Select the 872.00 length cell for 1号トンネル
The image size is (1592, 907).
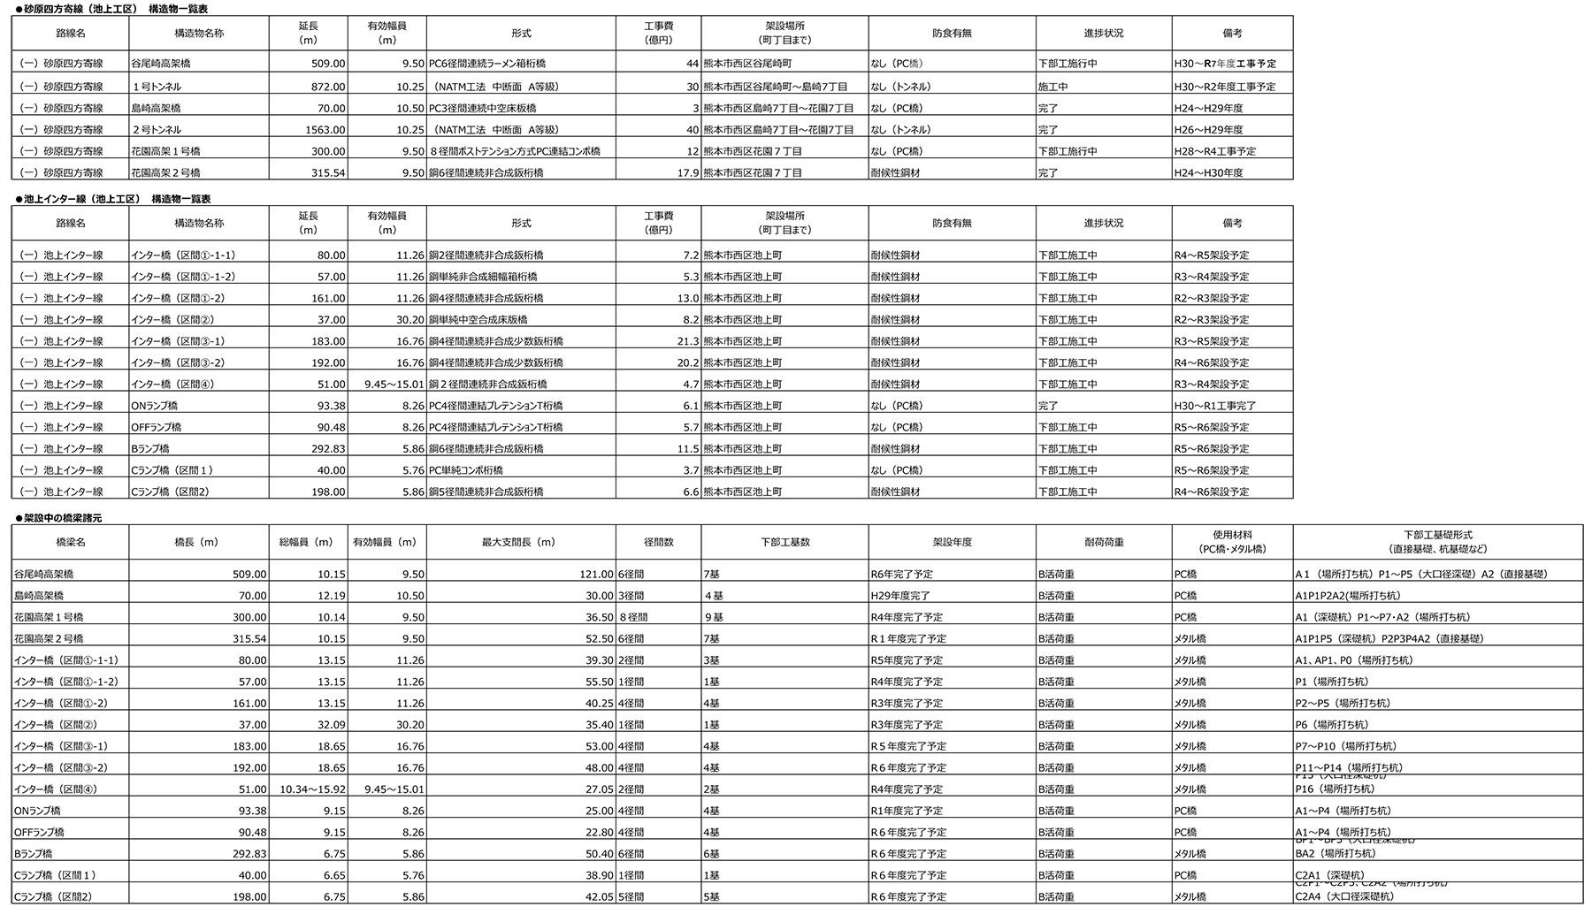pos(328,87)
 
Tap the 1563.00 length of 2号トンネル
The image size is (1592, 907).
pos(324,130)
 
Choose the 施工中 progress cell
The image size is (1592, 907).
pos(1052,87)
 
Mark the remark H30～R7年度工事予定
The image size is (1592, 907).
pos(1225,65)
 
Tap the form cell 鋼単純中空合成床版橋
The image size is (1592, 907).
pos(478,320)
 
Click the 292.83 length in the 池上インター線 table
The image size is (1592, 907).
pos(328,449)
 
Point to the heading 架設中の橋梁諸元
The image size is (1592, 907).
pos(64,518)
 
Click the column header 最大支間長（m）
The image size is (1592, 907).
pos(519,542)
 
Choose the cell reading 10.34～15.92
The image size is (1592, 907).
pos(312,789)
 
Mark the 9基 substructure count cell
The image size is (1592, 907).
pos(713,617)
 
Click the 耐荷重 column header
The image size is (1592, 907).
pos(1103,542)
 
